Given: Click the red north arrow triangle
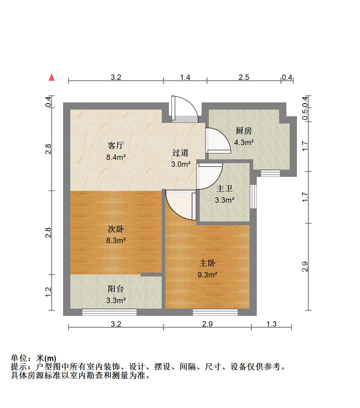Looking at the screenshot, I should [x=52, y=77].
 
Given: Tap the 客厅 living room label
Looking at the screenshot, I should [x=116, y=146].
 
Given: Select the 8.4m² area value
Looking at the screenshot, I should [x=116, y=157].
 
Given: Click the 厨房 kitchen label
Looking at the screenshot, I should [x=244, y=131].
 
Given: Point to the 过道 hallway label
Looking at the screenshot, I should [x=180, y=153].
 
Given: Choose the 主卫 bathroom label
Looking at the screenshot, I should [x=225, y=189].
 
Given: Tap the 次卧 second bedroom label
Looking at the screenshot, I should [x=116, y=229].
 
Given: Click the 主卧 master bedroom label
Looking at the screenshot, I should [x=207, y=263].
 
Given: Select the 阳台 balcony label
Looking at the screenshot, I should [x=116, y=289].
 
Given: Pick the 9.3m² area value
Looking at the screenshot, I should [x=207, y=275].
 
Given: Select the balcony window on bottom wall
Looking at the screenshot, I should [x=109, y=312].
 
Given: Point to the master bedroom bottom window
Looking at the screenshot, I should [x=215, y=312].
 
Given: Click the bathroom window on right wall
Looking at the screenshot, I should [x=253, y=196].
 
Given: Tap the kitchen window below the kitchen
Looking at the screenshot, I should [x=270, y=173].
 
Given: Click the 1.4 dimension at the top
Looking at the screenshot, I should [x=185, y=77].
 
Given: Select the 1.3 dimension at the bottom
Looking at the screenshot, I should [x=271, y=324].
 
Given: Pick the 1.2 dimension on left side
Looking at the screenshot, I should [x=48, y=292].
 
